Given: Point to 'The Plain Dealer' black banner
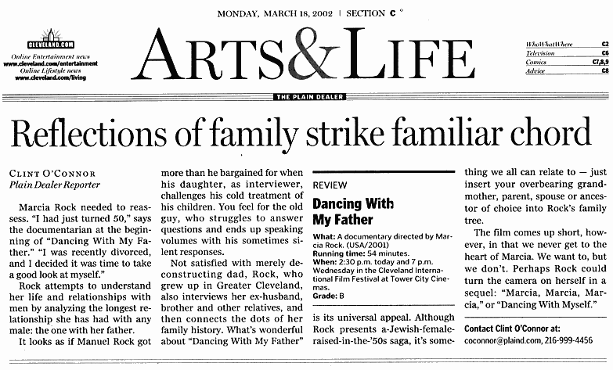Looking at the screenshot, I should point(305,97).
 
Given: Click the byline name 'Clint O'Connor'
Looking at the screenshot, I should point(54,172).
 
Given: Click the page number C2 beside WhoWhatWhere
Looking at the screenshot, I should point(604,44).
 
